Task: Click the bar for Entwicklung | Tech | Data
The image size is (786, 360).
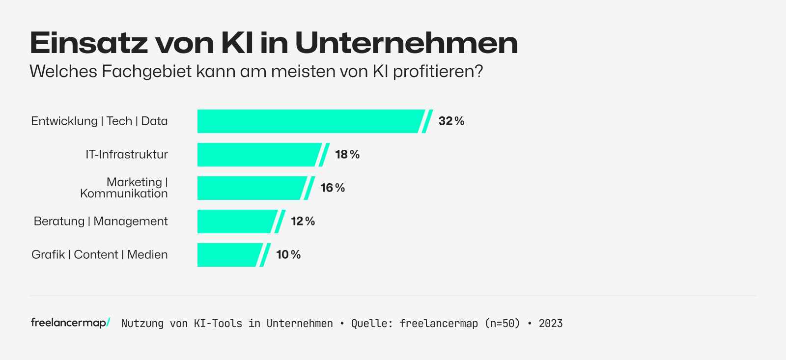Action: pyautogui.click(x=309, y=121)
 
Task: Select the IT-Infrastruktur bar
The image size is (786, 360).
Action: pyautogui.click(x=258, y=155)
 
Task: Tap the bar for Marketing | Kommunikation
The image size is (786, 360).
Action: pyautogui.click(x=251, y=188)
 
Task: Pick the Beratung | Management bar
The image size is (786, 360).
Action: pyautogui.click(x=236, y=222)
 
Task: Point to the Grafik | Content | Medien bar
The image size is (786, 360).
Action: pyautogui.click(x=229, y=255)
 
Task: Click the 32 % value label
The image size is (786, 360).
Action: pyautogui.click(x=451, y=121)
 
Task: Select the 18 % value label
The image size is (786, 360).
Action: pyautogui.click(x=347, y=155)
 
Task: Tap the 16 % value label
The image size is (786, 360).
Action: pyautogui.click(x=333, y=188)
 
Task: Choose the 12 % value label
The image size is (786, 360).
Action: pyautogui.click(x=303, y=222)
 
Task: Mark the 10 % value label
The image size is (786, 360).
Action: pyautogui.click(x=288, y=255)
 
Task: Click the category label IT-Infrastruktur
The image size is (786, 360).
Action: pyautogui.click(x=127, y=155)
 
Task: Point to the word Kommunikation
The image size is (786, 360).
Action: pyautogui.click(x=124, y=194)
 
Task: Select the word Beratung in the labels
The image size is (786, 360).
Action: pyautogui.click(x=59, y=222)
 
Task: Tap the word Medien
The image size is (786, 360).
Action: pyautogui.click(x=147, y=255)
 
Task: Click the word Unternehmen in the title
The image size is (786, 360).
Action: pyautogui.click(x=406, y=43)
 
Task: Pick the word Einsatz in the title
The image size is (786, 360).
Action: pyautogui.click(x=88, y=43)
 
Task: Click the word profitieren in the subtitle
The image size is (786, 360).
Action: pyautogui.click(x=434, y=72)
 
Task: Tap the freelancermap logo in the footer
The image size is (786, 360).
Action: pyautogui.click(x=70, y=323)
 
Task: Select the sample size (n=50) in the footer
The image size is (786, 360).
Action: pyautogui.click(x=502, y=324)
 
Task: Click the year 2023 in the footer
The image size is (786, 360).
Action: pyautogui.click(x=551, y=324)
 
